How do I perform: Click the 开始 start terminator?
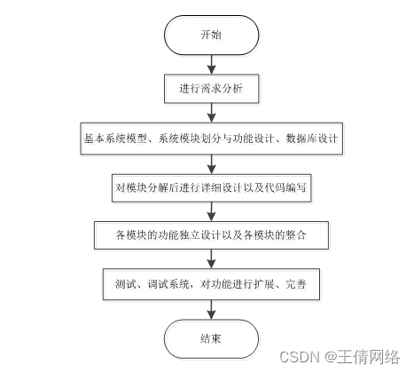[212, 36]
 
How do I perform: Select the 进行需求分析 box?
[212, 89]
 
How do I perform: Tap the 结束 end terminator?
[212, 339]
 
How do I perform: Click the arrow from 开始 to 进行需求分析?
[212, 65]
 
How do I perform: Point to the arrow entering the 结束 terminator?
[212, 310]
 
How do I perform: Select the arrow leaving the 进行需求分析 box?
[212, 113]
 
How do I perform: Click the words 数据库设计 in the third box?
[312, 139]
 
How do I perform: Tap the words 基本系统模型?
[115, 139]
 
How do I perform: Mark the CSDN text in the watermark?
[300, 357]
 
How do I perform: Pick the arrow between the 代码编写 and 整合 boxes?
[212, 211]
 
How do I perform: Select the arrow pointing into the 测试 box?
[212, 259]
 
